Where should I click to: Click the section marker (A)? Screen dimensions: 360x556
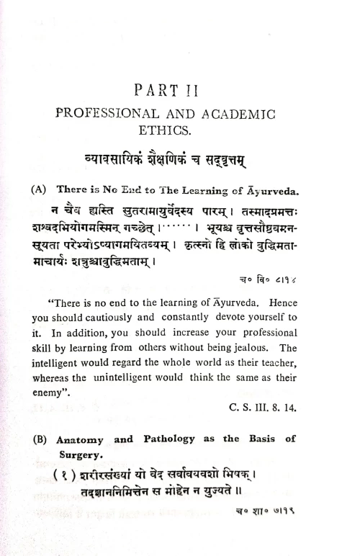click(39, 189)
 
